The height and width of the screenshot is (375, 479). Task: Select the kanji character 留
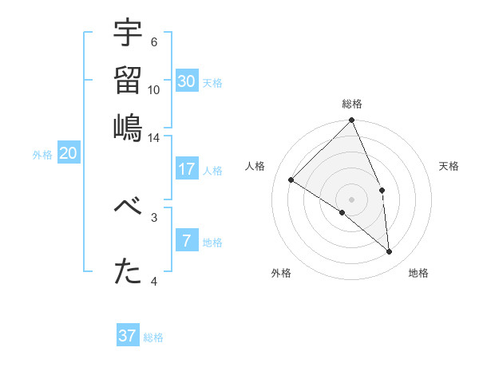[x=128, y=80]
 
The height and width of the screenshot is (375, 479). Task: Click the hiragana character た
[x=128, y=272]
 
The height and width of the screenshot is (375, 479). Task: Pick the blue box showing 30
[x=187, y=81]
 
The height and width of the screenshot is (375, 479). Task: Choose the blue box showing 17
[x=187, y=169]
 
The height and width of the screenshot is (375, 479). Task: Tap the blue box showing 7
[x=187, y=240]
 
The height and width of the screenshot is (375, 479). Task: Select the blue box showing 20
[x=69, y=154]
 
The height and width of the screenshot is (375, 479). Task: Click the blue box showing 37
[x=128, y=336]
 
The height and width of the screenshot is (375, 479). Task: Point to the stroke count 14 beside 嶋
[x=154, y=138]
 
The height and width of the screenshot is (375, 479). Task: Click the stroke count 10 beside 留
[x=154, y=90]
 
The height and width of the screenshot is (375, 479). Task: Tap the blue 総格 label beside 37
[x=153, y=337]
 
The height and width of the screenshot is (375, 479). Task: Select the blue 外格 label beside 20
[x=42, y=156]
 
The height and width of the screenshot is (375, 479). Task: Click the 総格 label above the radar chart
[x=352, y=105]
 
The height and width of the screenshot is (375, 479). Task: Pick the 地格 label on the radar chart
[x=418, y=273]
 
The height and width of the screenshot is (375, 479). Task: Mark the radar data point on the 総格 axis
[x=352, y=121]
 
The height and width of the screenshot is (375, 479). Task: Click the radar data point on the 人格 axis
[x=291, y=180]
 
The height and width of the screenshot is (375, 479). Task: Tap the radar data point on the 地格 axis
[x=389, y=252]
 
